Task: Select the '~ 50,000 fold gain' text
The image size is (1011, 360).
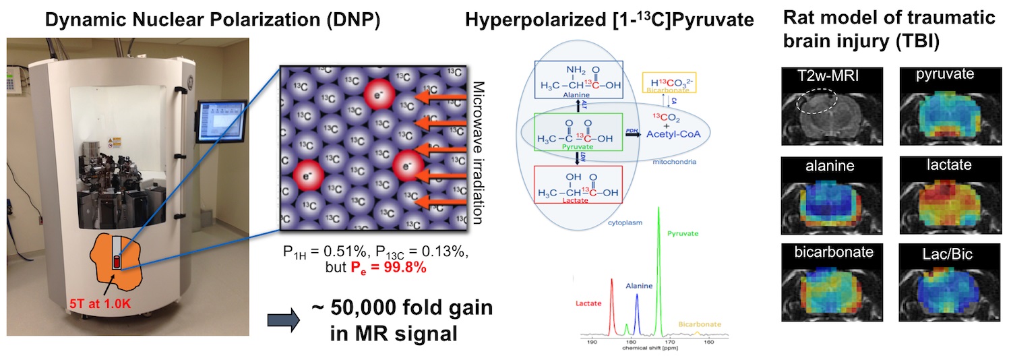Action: pyautogui.click(x=402, y=308)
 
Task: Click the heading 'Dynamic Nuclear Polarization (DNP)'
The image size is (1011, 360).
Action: pyautogui.click(x=212, y=20)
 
